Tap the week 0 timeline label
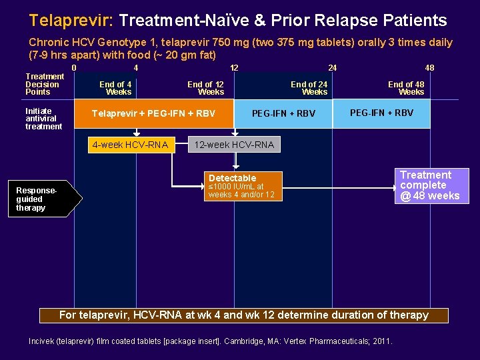74,67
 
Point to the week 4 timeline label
135,67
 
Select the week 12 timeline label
234,67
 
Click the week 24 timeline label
332,67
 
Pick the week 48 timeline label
430,67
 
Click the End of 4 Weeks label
115,88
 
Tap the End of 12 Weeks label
205,88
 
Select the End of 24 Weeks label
309,88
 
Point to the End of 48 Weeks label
406,88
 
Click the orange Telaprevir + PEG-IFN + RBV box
153,113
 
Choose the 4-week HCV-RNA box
130,145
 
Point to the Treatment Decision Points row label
44,84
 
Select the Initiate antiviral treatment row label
43,119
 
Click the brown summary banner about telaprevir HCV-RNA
244,315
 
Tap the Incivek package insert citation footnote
211,341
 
